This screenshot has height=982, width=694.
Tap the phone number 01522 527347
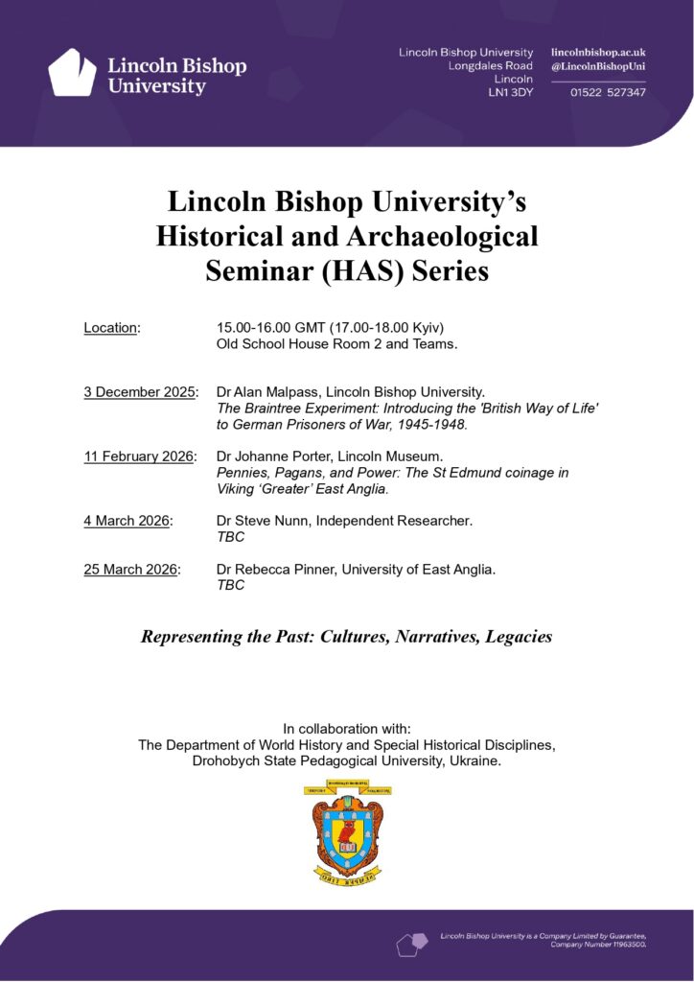coord(608,92)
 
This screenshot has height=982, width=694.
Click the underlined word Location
coord(110,328)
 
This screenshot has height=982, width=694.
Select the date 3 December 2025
coord(139,392)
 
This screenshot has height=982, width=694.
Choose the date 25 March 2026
coord(131,570)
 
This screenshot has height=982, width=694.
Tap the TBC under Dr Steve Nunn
coord(231,537)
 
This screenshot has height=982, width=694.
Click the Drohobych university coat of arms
coord(347,830)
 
